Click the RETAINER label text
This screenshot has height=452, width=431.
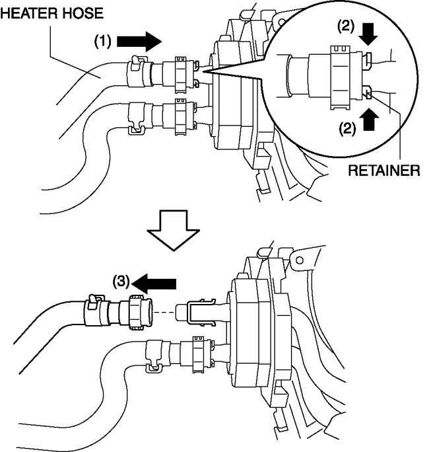click(383, 170)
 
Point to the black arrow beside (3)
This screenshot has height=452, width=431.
click(156, 283)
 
